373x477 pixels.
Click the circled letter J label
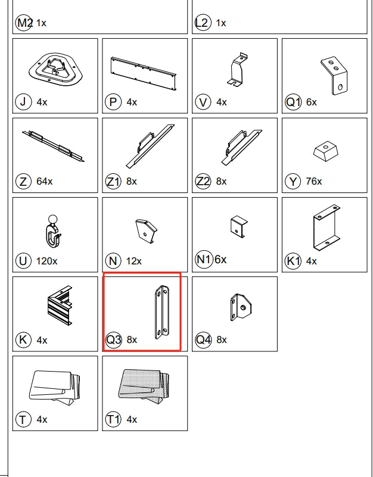[x=23, y=102]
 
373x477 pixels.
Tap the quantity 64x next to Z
[x=45, y=181]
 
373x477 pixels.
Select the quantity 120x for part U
[x=46, y=261]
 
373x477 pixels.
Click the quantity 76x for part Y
[x=314, y=181]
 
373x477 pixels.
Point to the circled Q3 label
[x=114, y=339]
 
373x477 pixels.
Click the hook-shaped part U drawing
[x=52, y=232]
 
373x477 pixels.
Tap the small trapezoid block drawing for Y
[x=326, y=151]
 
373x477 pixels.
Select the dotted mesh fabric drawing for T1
[x=144, y=386]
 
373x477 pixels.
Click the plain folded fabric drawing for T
[x=54, y=387]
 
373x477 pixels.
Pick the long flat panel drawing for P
[x=144, y=73]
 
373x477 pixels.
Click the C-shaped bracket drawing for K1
[x=327, y=227]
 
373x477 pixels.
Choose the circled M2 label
[x=24, y=23]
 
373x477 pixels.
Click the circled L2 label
[x=203, y=23]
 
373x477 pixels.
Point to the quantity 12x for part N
[x=134, y=261]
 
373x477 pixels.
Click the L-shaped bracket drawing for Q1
[x=334, y=76]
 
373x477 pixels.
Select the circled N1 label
[x=203, y=260]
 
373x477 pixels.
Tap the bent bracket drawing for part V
[x=237, y=69]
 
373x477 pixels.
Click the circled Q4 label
[x=203, y=339]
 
